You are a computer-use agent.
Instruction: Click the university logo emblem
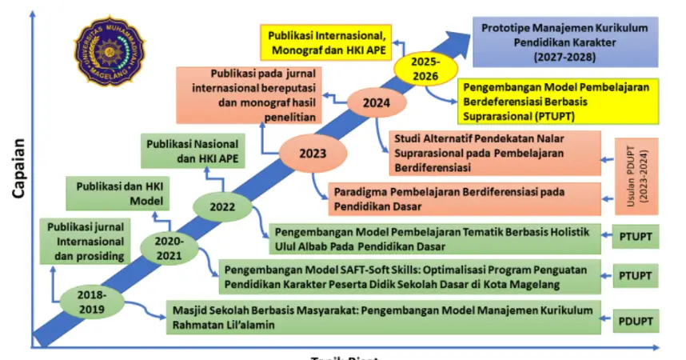point(110,57)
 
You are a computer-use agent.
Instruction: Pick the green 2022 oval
point(221,206)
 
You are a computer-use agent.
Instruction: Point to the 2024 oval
point(376,103)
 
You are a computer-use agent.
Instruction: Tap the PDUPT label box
point(636,321)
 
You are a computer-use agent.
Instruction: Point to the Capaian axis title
point(18,167)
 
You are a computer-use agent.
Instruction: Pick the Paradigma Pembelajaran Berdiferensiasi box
point(465,198)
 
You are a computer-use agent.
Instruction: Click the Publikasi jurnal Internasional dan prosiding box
point(85,240)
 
